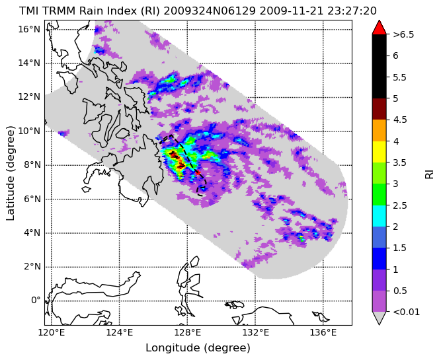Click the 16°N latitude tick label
(29, 29)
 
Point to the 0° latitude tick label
(36, 301)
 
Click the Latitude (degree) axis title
(10, 173)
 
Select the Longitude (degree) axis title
(198, 348)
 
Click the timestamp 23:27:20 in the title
(352, 11)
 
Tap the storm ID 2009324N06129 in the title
(210, 11)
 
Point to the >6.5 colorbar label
(403, 34)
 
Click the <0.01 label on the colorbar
(406, 312)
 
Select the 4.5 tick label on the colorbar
(399, 120)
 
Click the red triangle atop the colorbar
(379, 27)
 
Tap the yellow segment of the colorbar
(379, 152)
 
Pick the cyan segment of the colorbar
(379, 216)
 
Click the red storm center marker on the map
(198, 172)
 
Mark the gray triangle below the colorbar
(379, 318)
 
